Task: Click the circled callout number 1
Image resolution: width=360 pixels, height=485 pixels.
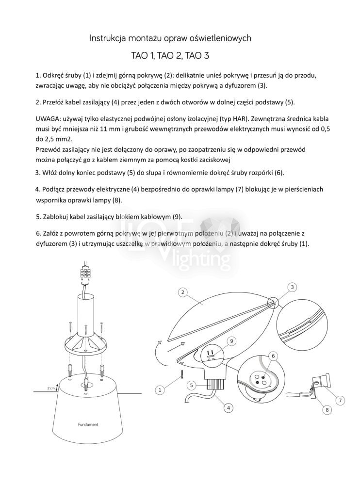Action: pos(159,389)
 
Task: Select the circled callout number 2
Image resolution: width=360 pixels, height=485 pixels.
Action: pos(182,292)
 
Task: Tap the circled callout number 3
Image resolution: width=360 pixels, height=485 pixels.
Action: pos(293,288)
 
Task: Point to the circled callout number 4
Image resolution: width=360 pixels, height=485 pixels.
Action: pos(227,408)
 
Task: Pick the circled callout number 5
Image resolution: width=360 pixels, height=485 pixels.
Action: pos(192,385)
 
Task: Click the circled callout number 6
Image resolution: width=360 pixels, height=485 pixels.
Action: pos(274,356)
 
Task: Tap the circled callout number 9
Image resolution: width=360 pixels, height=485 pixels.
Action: pos(232,341)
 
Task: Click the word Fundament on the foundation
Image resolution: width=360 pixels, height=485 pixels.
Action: pos(88,424)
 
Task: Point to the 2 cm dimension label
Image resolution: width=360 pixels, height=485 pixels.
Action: pos(51,388)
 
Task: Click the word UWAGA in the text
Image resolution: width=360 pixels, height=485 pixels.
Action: pos(48,119)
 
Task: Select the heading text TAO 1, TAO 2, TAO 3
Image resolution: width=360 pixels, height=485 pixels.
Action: pos(170,56)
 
